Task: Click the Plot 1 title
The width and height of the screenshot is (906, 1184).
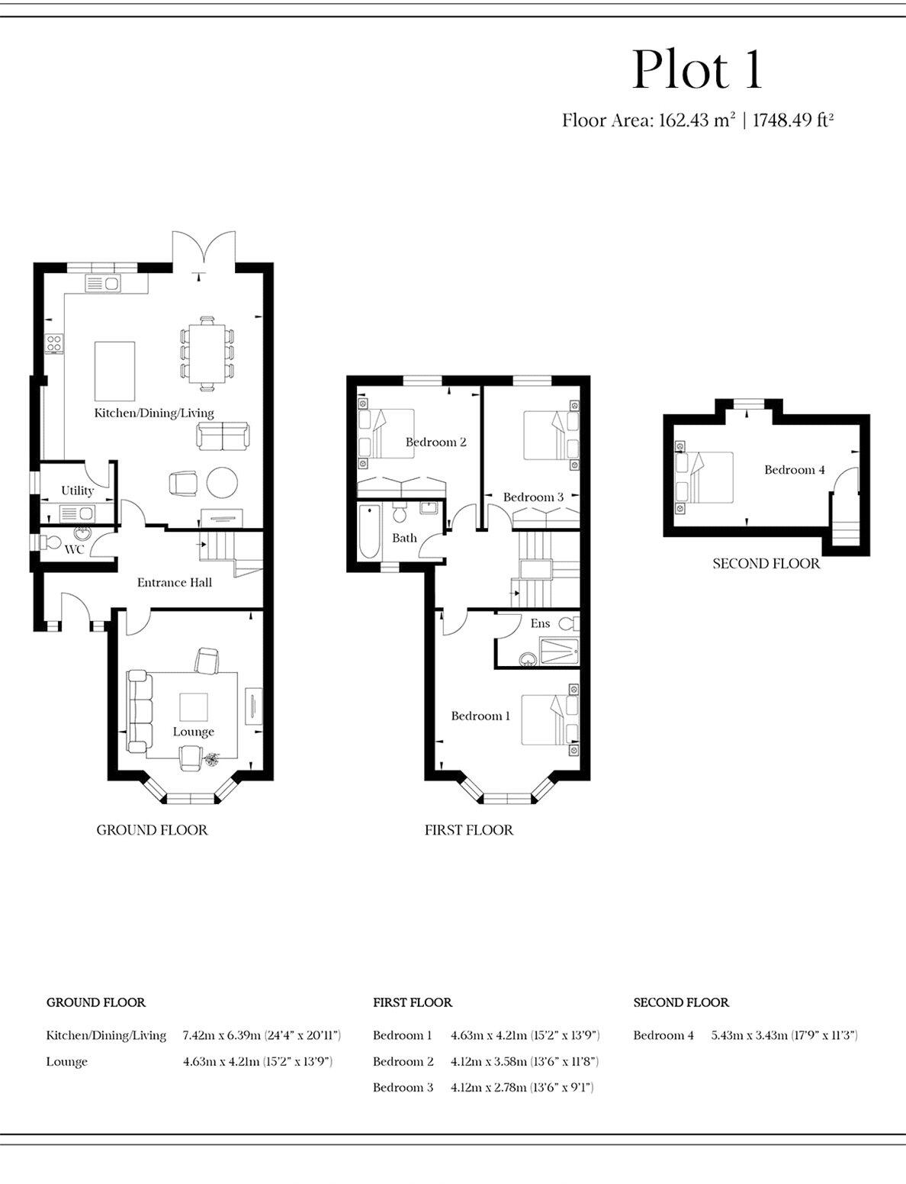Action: pos(697,70)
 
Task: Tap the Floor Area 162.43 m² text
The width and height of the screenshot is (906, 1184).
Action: pos(648,121)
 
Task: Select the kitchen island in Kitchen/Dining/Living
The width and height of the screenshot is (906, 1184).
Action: pos(114,371)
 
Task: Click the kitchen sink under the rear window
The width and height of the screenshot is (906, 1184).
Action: pos(103,285)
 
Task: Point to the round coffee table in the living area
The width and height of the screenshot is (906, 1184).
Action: pos(222,482)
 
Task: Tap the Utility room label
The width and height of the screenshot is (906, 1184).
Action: pos(77,491)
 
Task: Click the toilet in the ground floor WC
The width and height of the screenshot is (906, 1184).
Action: pos(52,542)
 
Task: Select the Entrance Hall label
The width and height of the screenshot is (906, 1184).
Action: pos(174,583)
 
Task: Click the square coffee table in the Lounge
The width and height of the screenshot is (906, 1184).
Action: pos(194,707)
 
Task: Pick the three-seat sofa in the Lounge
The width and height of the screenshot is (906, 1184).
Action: pos(138,711)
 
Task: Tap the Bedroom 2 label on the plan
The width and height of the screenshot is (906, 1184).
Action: pos(435,442)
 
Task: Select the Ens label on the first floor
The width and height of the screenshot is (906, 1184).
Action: pos(540,624)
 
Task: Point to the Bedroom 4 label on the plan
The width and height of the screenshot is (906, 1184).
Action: pos(794,470)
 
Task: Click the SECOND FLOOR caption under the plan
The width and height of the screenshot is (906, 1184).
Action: pos(766,564)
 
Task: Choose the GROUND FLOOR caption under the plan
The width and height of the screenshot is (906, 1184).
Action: pos(152,830)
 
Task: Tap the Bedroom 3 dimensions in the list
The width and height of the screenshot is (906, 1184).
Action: pos(522,1087)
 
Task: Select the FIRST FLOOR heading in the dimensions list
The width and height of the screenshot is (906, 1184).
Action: pos(413,1002)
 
